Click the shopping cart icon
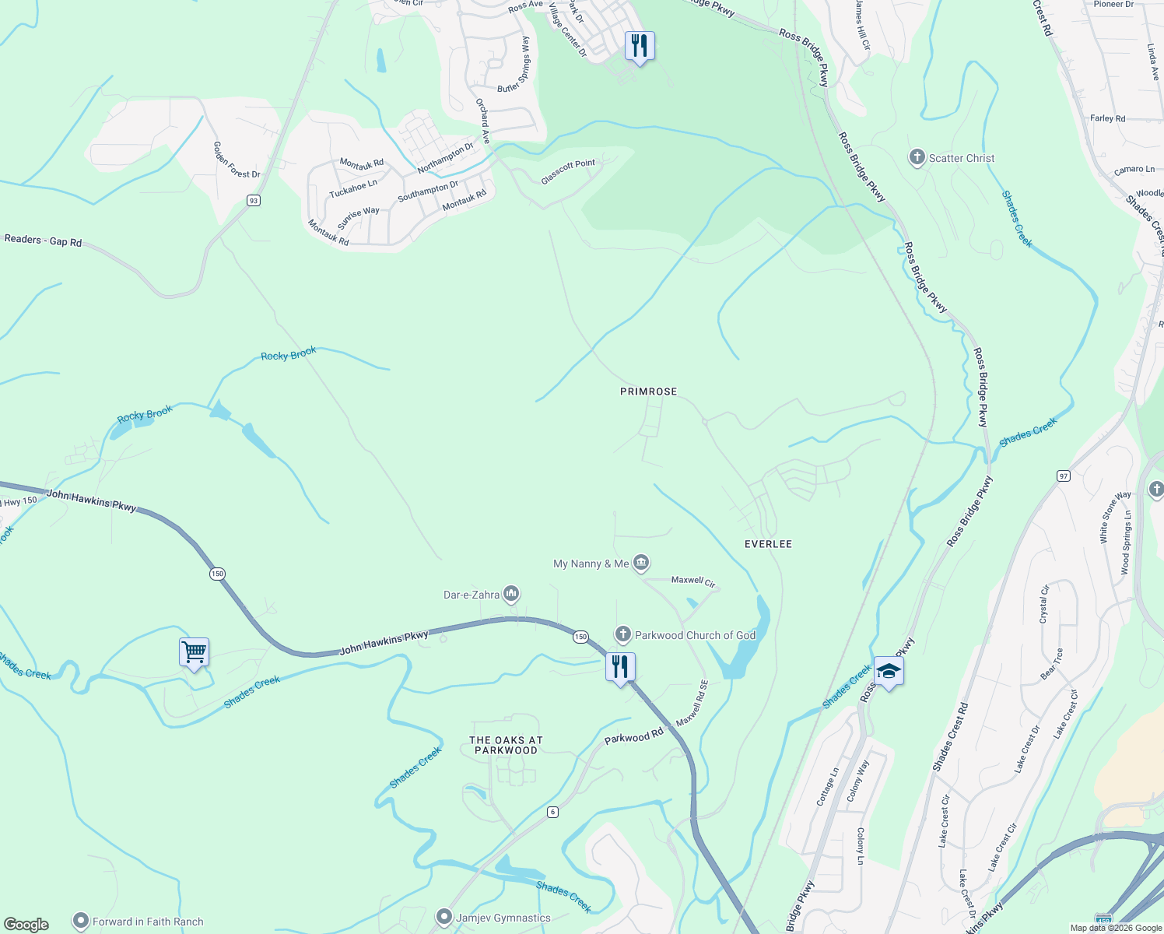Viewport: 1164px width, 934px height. click(194, 652)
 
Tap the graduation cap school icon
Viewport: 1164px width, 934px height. click(888, 671)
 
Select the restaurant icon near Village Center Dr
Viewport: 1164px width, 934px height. click(640, 46)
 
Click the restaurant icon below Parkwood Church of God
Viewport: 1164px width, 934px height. click(620, 667)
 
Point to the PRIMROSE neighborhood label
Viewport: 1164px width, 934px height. click(648, 392)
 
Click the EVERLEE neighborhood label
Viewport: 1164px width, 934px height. click(768, 544)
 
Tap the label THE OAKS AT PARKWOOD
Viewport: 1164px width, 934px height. click(506, 746)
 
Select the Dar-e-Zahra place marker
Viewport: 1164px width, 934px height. click(511, 595)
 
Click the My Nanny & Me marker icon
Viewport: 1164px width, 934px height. click(641, 563)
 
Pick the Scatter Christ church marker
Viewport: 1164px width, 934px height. click(917, 158)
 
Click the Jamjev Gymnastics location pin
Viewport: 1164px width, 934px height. click(444, 918)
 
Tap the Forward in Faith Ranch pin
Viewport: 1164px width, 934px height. click(81, 922)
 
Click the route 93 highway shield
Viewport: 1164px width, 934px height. click(253, 201)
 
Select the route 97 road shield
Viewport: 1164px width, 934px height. click(1064, 476)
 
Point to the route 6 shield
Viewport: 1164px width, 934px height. click(552, 812)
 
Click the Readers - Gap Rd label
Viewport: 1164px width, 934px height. click(43, 241)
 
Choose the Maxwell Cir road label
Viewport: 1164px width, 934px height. click(692, 581)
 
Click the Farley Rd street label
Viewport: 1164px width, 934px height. click(1107, 118)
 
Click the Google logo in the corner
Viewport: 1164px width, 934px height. click(27, 925)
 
